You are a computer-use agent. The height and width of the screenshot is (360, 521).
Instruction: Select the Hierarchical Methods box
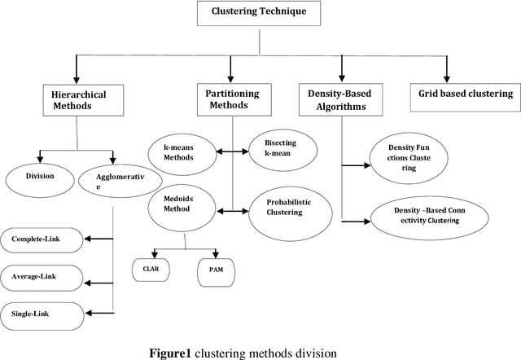click(x=77, y=100)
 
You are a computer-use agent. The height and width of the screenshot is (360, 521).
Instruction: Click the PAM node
click(x=217, y=270)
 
